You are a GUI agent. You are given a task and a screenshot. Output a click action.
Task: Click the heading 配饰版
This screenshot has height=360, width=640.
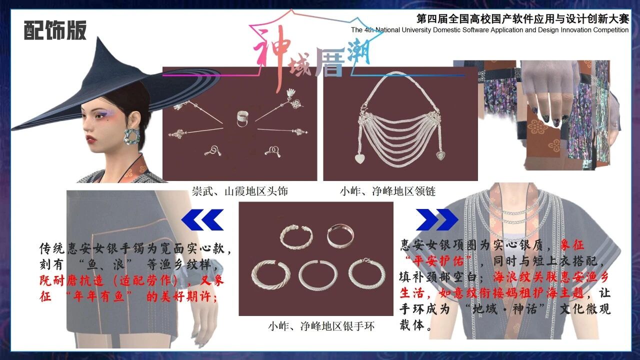point(55,30)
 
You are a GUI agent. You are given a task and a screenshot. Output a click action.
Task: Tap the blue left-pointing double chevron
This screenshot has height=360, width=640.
point(202,219)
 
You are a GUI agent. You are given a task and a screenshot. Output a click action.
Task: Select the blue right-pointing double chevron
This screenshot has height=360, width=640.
point(437,219)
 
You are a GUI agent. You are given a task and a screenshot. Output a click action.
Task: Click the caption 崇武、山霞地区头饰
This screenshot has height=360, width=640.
point(239,191)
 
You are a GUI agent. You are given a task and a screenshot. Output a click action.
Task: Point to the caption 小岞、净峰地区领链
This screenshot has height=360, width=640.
point(387,191)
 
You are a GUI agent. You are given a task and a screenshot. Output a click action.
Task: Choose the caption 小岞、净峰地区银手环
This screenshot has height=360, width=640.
point(321,326)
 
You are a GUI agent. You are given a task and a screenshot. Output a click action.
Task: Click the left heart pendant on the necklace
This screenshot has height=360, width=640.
point(359,159)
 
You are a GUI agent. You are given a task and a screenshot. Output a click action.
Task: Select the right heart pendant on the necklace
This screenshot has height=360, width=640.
point(440,155)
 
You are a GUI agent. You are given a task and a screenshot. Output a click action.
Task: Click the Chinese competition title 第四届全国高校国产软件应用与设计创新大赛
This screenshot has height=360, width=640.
point(522,19)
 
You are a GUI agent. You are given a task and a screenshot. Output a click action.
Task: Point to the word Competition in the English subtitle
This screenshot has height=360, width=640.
point(610,30)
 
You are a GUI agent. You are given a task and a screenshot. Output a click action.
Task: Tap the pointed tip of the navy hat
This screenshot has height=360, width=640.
point(98,37)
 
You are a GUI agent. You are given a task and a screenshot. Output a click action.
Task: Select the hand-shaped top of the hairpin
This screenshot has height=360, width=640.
point(290,93)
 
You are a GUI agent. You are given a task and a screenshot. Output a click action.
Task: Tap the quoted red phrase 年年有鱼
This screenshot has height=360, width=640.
point(98,296)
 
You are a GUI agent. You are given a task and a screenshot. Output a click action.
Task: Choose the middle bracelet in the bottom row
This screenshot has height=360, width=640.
point(317,275)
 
